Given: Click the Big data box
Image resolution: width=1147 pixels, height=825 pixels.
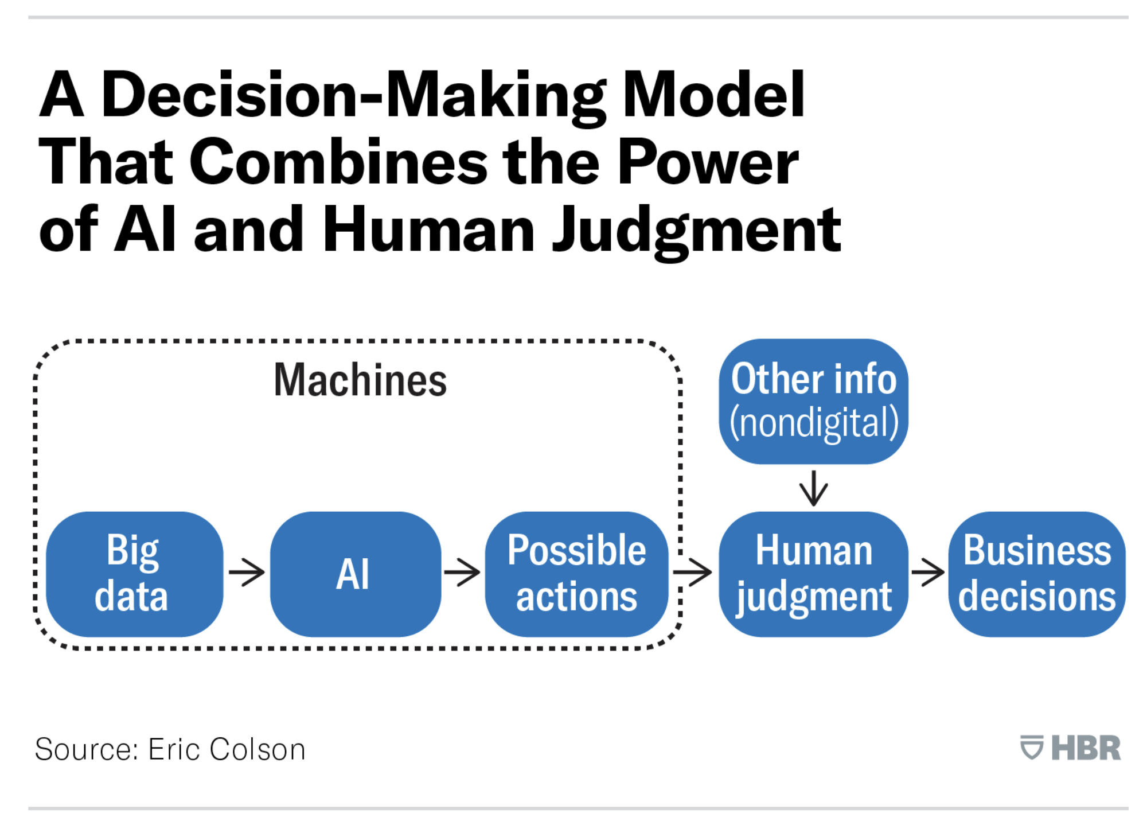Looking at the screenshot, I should click(x=134, y=574).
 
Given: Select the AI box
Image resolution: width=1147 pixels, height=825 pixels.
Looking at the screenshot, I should click(x=354, y=574).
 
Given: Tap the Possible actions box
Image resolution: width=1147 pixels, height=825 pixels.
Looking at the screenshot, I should click(x=576, y=574).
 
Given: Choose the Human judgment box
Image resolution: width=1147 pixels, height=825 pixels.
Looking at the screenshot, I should click(x=813, y=574).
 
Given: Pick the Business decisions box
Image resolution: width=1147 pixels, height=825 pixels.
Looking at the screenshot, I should click(x=1036, y=574).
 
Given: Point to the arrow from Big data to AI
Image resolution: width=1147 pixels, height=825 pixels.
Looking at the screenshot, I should click(x=247, y=572).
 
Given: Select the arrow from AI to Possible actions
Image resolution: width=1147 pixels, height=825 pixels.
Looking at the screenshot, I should click(x=462, y=572).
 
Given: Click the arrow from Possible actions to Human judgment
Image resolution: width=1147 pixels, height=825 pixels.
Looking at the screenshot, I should click(x=693, y=572).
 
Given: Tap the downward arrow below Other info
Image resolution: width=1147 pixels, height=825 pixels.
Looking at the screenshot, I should click(x=813, y=488).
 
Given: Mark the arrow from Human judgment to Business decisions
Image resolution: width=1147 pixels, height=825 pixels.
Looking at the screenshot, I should click(x=927, y=572).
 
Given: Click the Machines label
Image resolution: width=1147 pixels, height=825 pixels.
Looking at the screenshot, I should click(x=360, y=380).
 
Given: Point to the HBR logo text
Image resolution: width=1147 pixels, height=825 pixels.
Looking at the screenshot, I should click(x=1085, y=748).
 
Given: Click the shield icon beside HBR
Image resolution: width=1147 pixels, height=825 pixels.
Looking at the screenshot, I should click(x=1031, y=748).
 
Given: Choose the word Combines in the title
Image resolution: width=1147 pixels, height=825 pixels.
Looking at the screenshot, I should click(x=338, y=163).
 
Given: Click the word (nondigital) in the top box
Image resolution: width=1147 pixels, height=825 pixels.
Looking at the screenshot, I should click(x=813, y=423).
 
